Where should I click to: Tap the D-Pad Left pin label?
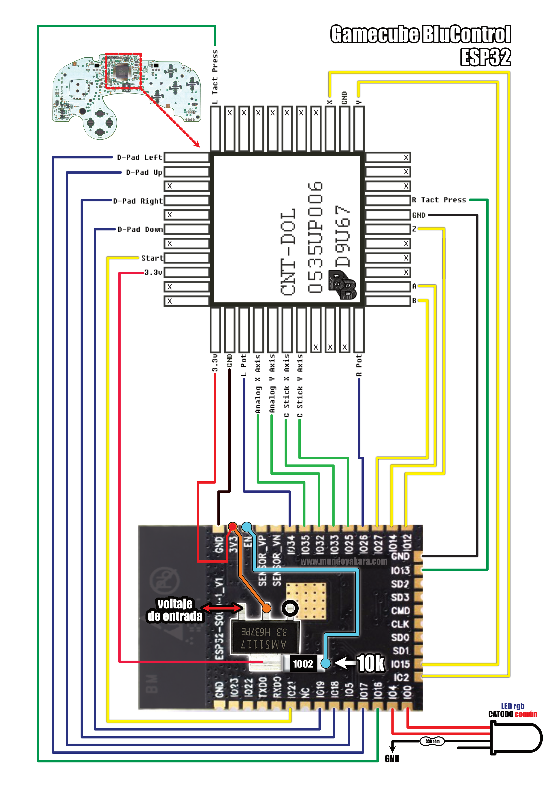pos(139,157)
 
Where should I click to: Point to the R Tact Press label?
pos(439,200)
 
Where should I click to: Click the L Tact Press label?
pos(215,77)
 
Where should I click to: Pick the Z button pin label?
pos(414,229)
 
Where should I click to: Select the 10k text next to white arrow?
pos(371,664)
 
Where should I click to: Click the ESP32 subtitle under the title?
pos(485,57)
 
